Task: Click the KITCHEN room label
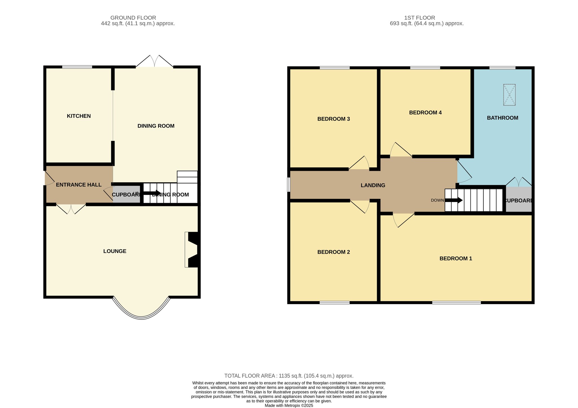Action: click(x=79, y=116)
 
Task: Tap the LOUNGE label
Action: click(x=115, y=251)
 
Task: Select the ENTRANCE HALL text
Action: click(x=79, y=185)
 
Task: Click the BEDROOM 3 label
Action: click(x=334, y=119)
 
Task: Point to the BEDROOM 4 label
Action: click(x=425, y=113)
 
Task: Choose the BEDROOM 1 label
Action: click(x=456, y=258)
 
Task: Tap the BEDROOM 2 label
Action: click(x=334, y=252)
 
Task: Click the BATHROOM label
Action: click(x=503, y=118)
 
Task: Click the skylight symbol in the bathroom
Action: click(x=509, y=95)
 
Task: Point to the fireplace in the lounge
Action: click(x=192, y=250)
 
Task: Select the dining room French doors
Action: click(x=155, y=61)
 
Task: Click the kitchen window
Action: click(x=77, y=67)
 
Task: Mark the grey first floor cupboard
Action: click(x=519, y=199)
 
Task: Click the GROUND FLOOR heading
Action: click(x=133, y=18)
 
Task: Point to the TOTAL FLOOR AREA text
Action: click(x=289, y=376)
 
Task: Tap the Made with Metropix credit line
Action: click(x=289, y=405)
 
